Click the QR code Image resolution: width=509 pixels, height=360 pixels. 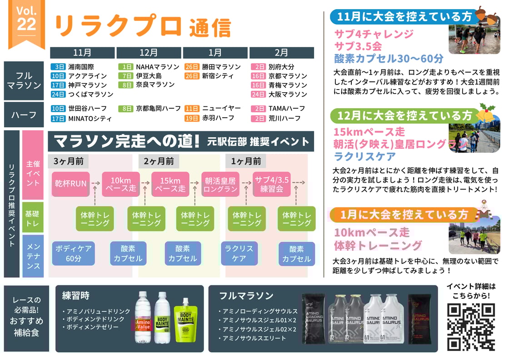coord(471,327)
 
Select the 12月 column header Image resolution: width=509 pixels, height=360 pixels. coord(149,53)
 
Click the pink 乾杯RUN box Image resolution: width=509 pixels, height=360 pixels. coord(70,184)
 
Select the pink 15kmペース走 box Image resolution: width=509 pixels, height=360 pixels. coord(170,184)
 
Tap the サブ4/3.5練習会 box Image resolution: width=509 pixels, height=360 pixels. coord(271,184)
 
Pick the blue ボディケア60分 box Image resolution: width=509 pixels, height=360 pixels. coord(73,254)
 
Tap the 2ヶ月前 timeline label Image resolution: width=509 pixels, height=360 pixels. coord(159,161)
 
